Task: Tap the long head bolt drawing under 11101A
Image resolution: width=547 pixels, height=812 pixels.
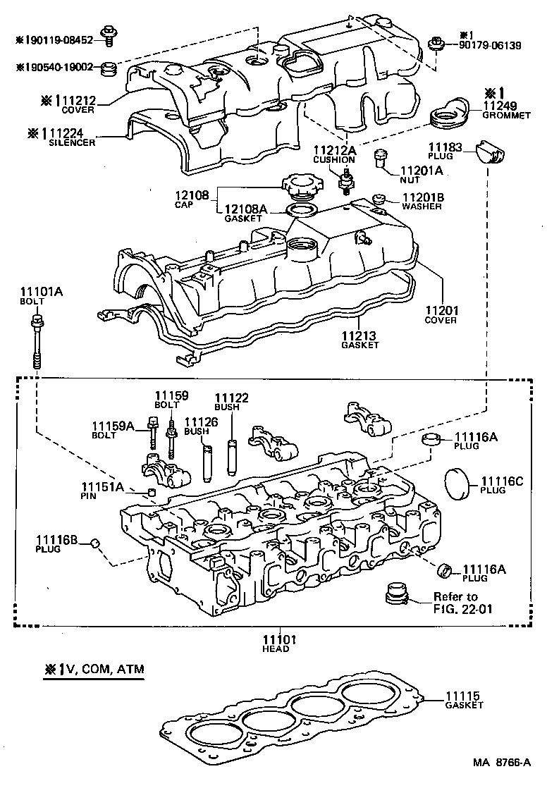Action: (x=37, y=341)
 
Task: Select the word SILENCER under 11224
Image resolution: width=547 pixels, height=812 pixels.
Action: (x=71, y=142)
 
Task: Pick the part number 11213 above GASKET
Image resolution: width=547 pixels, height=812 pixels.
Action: (x=359, y=336)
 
